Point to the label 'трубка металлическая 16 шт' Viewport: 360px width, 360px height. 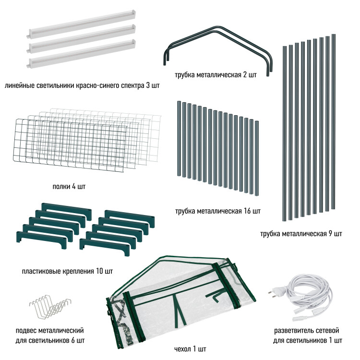pyautogui.click(x=218, y=211)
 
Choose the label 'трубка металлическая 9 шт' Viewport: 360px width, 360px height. pyautogui.click(x=301, y=234)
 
